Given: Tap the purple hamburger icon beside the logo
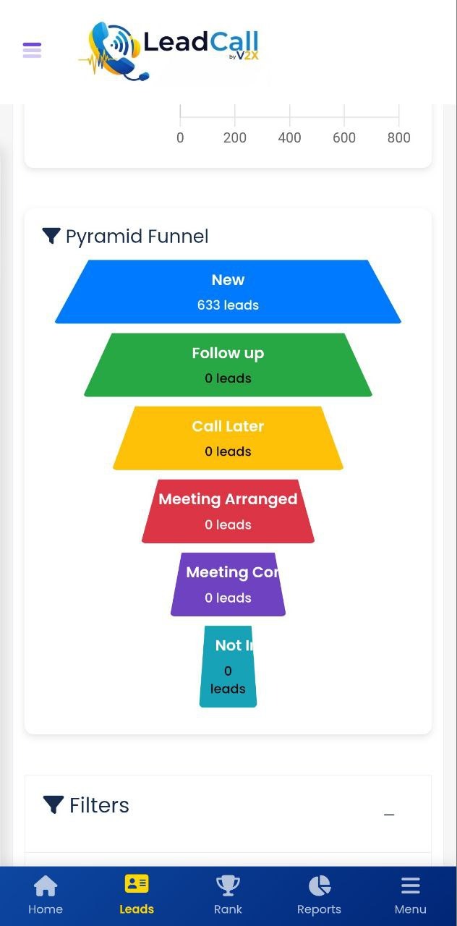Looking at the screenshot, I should (32, 50).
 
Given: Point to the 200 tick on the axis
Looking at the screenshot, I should (234, 137).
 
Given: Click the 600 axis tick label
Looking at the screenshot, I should (344, 137).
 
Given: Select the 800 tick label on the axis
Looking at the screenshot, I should (398, 137).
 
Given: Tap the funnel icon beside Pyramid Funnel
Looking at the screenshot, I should (51, 236).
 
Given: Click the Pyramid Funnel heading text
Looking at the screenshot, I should (137, 237).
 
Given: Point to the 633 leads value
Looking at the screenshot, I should (228, 305).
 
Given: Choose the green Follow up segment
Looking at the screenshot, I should (228, 365).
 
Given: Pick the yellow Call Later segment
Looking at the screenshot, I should (228, 438).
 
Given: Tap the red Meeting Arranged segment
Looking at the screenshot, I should (228, 511).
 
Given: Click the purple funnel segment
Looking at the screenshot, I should (228, 585).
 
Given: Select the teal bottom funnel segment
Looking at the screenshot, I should (228, 666).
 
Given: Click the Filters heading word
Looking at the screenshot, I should (99, 805).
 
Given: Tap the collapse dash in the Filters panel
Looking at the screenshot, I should (389, 815).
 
